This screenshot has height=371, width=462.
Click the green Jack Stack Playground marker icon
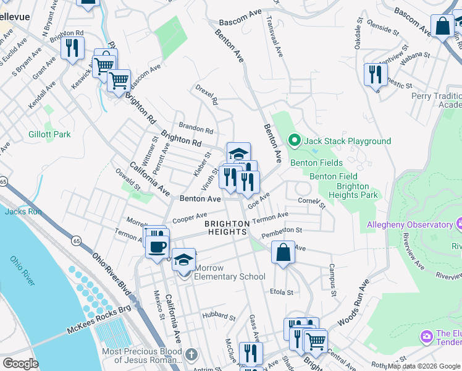point(295,141)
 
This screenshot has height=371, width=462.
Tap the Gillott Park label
point(49,134)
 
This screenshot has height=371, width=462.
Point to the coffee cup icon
point(157,247)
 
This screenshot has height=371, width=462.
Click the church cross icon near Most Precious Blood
point(191,354)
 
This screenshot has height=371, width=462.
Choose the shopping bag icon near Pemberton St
point(283,252)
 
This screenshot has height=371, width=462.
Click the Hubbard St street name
point(218,315)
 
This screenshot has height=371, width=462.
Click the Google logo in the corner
point(20,363)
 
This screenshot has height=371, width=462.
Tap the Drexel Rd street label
point(207,94)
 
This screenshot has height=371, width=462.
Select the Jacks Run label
point(23,211)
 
